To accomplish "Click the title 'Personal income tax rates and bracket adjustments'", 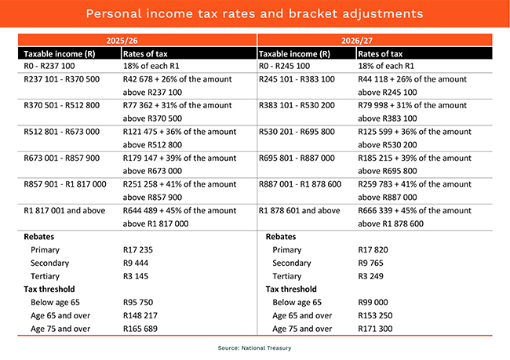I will (254, 14).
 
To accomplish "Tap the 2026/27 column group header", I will (374, 40).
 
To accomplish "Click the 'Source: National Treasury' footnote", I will (254, 346).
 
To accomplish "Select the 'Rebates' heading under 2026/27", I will (282, 236).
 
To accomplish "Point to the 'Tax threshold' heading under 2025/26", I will (47, 289).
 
